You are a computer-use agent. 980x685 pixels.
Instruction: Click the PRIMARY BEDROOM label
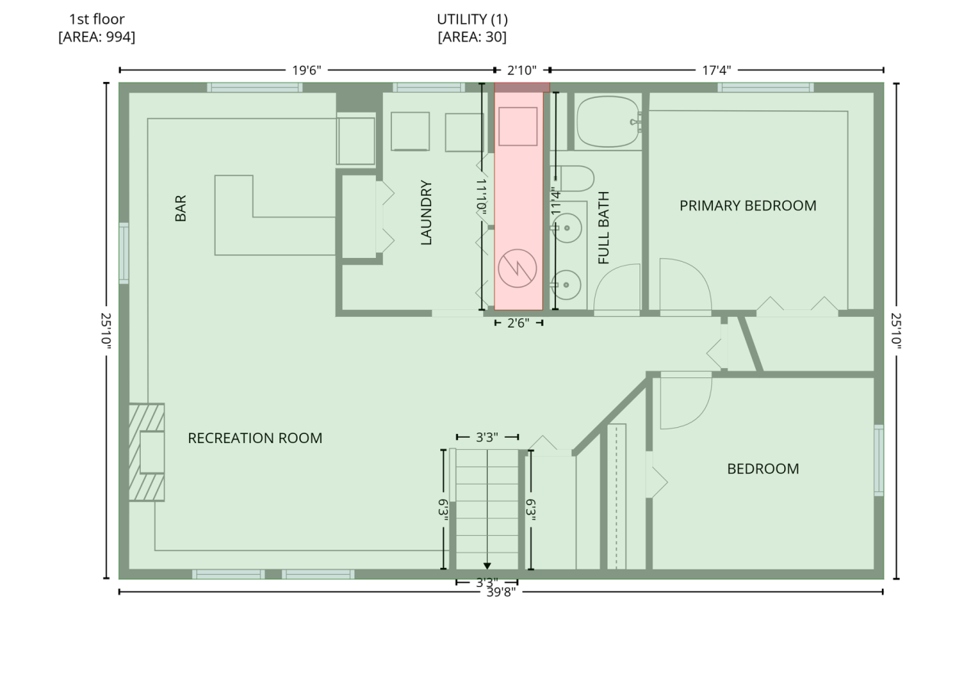click(748, 206)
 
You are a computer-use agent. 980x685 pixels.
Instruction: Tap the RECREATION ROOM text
click(255, 438)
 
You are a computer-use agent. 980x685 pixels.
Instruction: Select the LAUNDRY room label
click(426, 213)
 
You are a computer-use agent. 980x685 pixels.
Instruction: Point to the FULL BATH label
click(603, 228)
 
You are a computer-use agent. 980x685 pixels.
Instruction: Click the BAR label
click(180, 208)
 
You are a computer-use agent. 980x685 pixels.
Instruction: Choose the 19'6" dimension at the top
click(307, 70)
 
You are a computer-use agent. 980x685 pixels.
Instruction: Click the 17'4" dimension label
click(717, 70)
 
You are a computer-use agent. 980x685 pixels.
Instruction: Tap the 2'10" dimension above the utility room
click(522, 70)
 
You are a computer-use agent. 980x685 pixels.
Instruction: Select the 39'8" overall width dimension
click(501, 592)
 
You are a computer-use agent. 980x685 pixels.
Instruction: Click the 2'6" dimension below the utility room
click(518, 323)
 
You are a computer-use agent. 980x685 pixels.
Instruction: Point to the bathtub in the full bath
click(608, 122)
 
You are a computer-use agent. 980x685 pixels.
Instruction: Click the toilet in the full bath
click(575, 178)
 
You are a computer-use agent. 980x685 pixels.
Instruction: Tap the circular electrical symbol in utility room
click(518, 268)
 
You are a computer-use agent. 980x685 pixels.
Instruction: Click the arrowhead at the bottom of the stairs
click(487, 566)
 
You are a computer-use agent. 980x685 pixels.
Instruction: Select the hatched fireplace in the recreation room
click(146, 452)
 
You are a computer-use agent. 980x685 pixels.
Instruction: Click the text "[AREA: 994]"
click(96, 37)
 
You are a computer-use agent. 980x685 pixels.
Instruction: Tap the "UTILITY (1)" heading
click(472, 19)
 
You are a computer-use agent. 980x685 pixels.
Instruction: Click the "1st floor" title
click(96, 19)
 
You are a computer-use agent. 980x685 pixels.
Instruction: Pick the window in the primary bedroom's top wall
click(766, 87)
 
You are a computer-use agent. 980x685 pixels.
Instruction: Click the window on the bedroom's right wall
click(878, 460)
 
